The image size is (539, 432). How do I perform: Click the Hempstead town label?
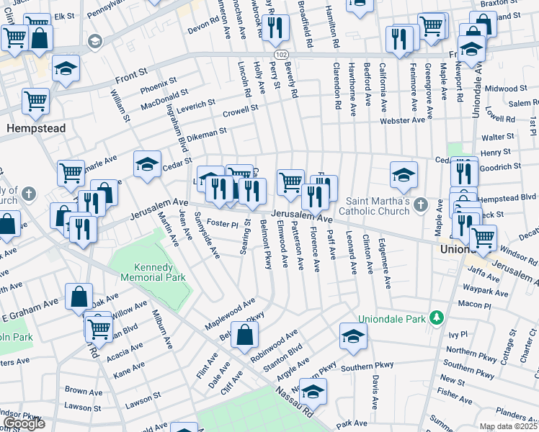coord(35,128)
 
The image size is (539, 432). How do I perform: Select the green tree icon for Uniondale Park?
coord(436,318)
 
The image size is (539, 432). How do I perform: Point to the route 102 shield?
coord(280,55)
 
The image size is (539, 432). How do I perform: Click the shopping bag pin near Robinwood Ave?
coord(245,334)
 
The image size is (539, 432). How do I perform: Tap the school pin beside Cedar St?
coord(147,164)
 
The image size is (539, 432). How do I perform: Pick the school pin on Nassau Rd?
coord(313,391)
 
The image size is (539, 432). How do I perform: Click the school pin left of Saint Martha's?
coord(404,174)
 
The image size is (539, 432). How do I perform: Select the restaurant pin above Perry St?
coord(275,27)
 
